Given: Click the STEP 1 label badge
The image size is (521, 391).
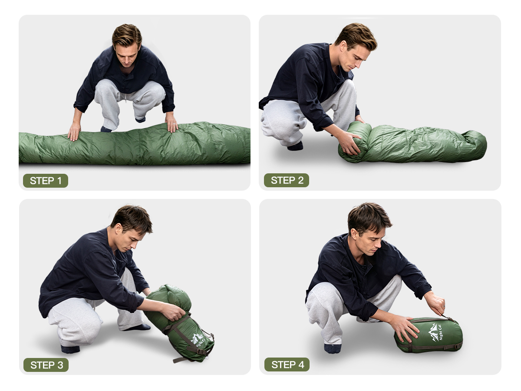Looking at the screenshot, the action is click(46, 181).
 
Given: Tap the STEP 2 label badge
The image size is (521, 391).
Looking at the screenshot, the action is click(287, 180).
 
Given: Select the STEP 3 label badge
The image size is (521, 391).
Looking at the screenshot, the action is click(46, 365).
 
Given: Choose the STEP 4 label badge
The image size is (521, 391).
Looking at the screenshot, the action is click(287, 364).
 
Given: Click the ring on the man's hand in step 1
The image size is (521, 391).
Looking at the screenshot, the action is click(174, 124).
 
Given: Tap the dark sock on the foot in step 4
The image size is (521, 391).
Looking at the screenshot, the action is click(333, 348).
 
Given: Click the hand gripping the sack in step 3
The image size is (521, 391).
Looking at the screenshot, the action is click(173, 311).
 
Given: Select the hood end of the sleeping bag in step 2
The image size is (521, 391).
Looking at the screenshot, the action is click(474, 144).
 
